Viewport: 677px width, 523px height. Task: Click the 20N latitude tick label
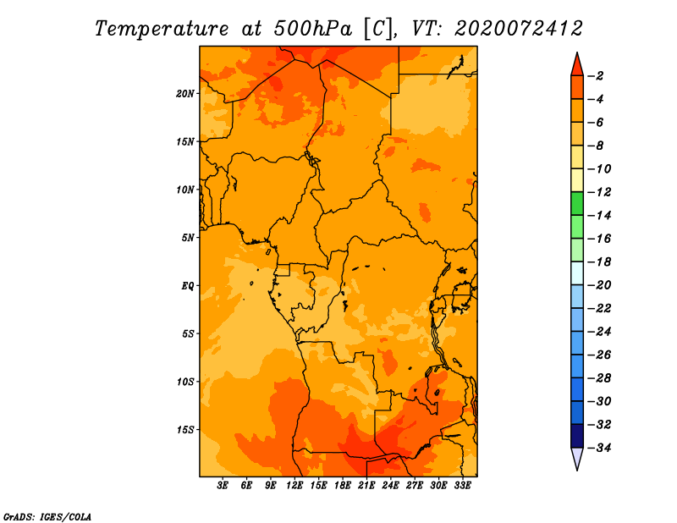click(185, 94)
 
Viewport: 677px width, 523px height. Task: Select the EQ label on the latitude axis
click(188, 286)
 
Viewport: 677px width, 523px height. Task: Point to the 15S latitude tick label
click(185, 430)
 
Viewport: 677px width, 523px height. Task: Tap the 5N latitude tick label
click(188, 238)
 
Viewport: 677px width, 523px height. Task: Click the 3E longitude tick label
click(223, 486)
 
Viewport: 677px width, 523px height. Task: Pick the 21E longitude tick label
click(366, 486)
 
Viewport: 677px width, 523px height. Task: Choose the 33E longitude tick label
click(462, 486)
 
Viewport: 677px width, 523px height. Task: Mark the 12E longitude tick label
click(294, 486)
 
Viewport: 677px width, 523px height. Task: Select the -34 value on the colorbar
click(599, 448)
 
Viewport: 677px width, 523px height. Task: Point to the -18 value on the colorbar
click(599, 261)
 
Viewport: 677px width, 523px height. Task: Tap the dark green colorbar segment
click(577, 203)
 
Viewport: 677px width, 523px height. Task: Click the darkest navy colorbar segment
click(577, 436)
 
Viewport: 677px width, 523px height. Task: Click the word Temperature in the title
click(162, 29)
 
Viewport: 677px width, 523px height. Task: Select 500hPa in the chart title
click(313, 29)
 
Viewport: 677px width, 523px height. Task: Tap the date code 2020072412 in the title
click(519, 29)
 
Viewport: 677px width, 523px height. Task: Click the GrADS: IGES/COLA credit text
click(47, 517)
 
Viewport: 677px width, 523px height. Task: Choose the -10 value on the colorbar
click(599, 169)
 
